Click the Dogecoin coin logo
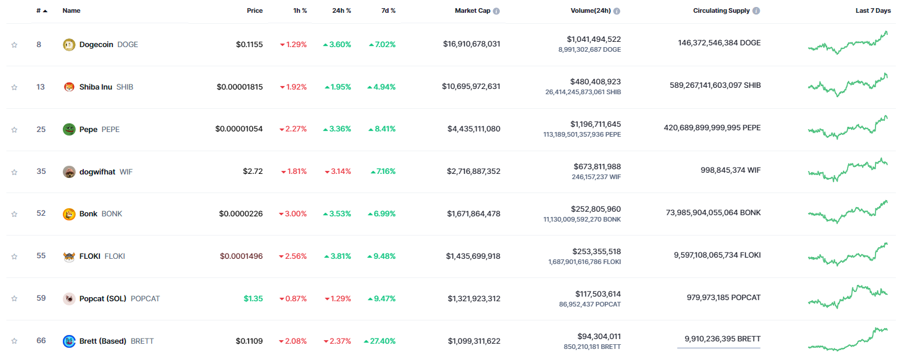(69, 44)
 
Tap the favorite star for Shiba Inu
(15, 87)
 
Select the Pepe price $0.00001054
(239, 129)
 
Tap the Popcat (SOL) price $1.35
(253, 299)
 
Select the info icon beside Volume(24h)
(617, 11)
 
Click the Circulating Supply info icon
(756, 11)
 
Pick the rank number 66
(41, 341)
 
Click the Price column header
(254, 11)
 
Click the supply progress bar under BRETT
(718, 348)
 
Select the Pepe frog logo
(69, 129)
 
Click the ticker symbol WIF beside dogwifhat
(126, 172)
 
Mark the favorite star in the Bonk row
(15, 214)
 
